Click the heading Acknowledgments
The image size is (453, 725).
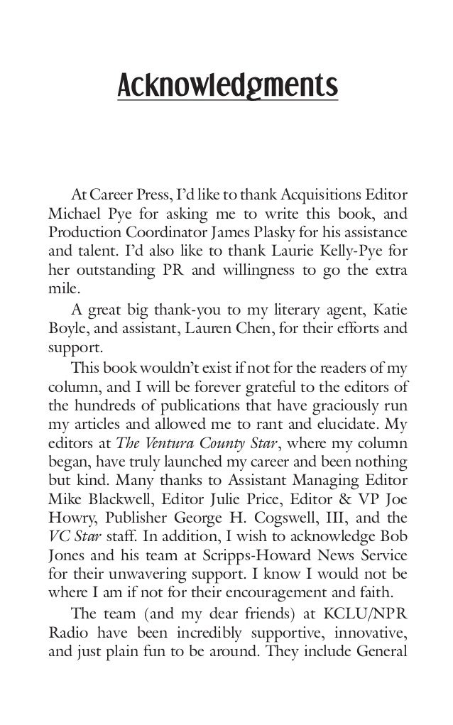[226, 87]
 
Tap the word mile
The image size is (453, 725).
[61, 290]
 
